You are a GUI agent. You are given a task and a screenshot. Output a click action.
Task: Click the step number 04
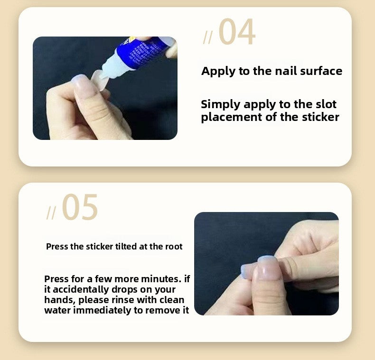click(237, 32)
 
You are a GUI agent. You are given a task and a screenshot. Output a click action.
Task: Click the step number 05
click(80, 207)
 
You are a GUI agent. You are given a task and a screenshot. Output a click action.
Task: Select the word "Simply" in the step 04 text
click(221, 105)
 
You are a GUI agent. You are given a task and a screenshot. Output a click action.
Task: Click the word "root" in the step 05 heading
click(174, 247)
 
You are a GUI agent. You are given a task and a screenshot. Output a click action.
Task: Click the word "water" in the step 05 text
click(57, 311)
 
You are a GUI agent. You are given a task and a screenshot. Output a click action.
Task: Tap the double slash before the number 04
click(207, 38)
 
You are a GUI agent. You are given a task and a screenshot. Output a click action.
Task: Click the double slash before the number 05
click(51, 213)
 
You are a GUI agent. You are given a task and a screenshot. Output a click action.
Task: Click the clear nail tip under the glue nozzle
click(99, 80)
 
